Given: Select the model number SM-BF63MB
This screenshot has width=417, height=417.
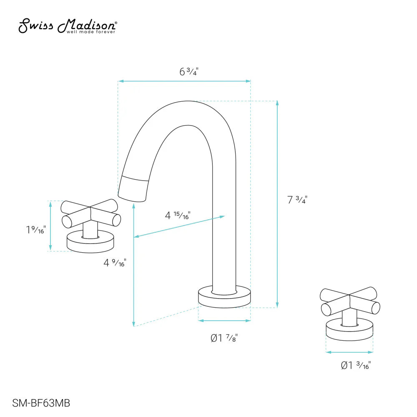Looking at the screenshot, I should tap(41, 403).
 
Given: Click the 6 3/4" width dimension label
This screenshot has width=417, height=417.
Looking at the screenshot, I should tap(188, 71).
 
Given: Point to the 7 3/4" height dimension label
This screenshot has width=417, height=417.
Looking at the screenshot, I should tap(297, 200).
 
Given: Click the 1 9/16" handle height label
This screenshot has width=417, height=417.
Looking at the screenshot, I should tap(35, 229).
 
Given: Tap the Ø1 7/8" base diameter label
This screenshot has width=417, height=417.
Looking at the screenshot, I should tap(224, 338).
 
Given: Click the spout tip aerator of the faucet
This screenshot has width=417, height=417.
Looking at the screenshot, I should tap(133, 189).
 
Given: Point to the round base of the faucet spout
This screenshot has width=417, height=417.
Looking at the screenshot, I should tap(224, 297).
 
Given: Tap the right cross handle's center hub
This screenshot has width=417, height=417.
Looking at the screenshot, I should tap(349, 301).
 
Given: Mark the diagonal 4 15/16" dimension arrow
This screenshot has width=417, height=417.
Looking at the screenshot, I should tap(179, 226).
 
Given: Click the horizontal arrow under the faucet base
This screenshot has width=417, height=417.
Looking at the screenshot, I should tap(224, 321).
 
